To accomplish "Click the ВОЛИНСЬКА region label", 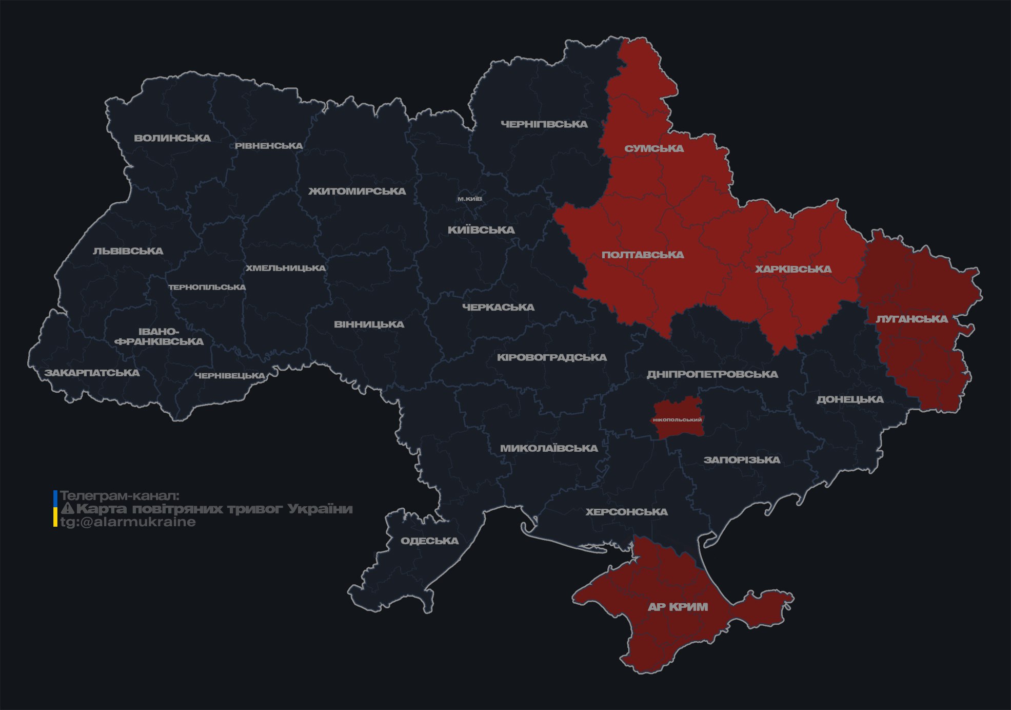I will click(x=172, y=138).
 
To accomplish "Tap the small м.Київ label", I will click(x=469, y=199).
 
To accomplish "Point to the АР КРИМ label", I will click(x=678, y=607).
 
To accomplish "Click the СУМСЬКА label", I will click(x=654, y=149).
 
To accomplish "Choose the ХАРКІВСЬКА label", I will click(x=793, y=270).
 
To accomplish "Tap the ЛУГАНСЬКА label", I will click(x=911, y=319).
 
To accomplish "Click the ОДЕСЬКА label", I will click(x=429, y=541).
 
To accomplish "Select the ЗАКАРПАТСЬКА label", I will click(x=92, y=373).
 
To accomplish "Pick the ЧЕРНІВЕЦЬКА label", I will click(x=230, y=376).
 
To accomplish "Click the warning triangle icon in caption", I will click(x=67, y=509).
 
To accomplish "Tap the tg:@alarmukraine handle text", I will click(x=128, y=522).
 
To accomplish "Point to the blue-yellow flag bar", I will click(x=55, y=509).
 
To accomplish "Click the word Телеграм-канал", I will click(x=120, y=496).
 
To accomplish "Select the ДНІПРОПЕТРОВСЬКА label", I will click(x=712, y=374).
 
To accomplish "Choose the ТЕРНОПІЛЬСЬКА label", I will click(x=207, y=287).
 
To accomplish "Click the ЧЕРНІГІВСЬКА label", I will click(x=544, y=124).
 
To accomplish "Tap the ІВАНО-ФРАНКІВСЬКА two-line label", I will click(x=159, y=337).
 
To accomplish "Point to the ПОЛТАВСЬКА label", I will click(x=642, y=255).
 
